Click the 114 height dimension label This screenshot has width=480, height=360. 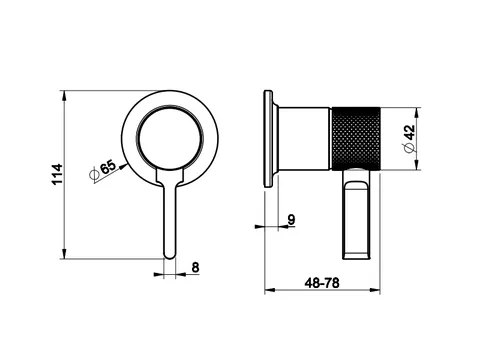57,174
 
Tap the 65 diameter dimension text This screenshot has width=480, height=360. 108,167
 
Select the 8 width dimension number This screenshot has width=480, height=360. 195,267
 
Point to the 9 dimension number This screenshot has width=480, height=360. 291,220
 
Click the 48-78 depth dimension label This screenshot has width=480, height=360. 322,283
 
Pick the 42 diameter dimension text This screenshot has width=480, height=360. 410,133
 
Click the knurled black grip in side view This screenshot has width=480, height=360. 356,139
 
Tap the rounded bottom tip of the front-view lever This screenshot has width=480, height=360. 169,256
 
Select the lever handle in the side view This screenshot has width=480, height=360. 356,214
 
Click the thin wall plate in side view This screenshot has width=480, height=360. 268,139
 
